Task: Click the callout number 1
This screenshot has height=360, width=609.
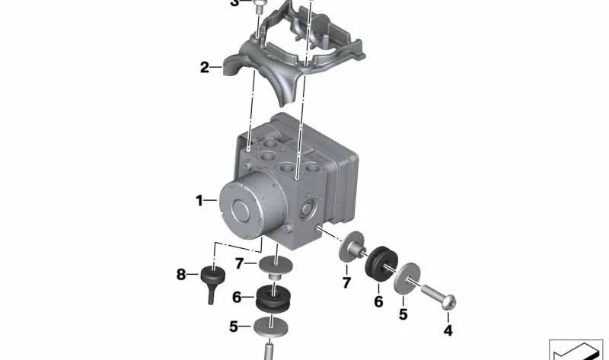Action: [x=199, y=202]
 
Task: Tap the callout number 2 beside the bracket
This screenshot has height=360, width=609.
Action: [x=205, y=68]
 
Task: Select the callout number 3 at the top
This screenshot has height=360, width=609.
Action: [x=234, y=4]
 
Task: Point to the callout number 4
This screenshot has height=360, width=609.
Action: [x=448, y=330]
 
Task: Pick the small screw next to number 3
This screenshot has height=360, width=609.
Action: [x=262, y=8]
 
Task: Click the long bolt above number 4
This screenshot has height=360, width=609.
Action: [x=433, y=294]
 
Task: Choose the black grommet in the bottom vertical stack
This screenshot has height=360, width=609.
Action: [x=273, y=298]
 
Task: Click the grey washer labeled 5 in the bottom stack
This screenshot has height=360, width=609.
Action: [x=273, y=328]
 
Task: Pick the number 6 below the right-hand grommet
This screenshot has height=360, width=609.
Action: [x=378, y=301]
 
